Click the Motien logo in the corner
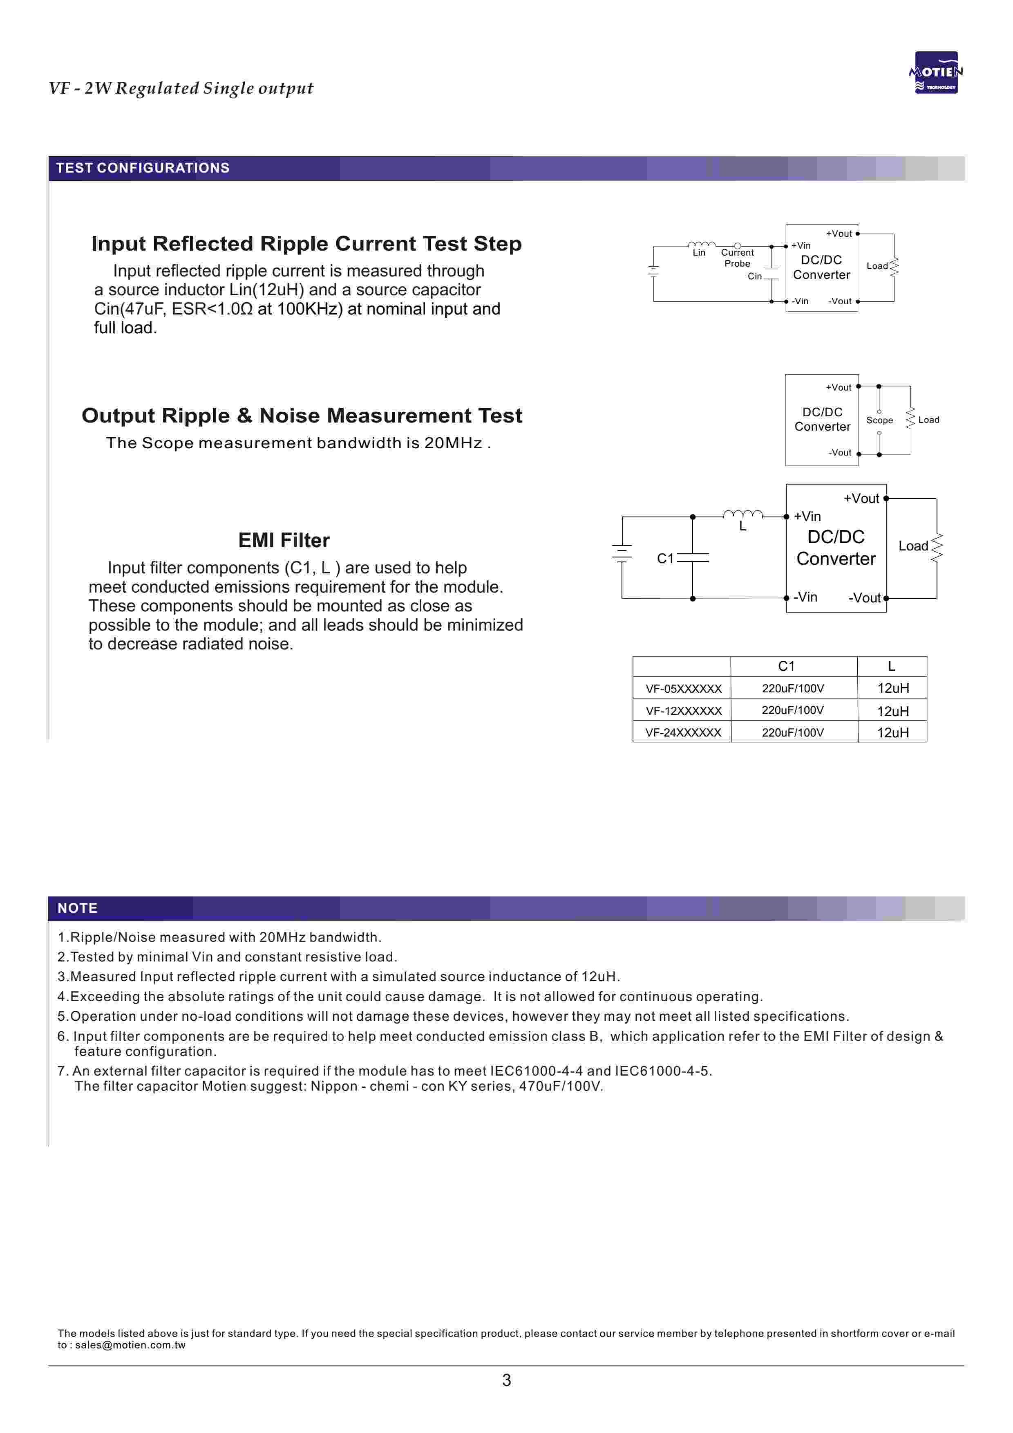(x=936, y=72)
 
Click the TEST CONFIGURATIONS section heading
(x=143, y=168)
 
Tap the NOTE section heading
(x=77, y=908)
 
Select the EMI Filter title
(x=284, y=540)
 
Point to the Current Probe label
(x=737, y=258)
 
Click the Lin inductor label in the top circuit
(x=699, y=253)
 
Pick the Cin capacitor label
(x=755, y=276)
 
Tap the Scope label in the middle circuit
(x=879, y=420)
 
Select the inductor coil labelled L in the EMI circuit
(x=743, y=514)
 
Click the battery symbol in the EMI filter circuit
(x=622, y=553)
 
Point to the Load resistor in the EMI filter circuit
(x=936, y=548)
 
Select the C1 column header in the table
(x=787, y=666)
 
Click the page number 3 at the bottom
(x=507, y=1380)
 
